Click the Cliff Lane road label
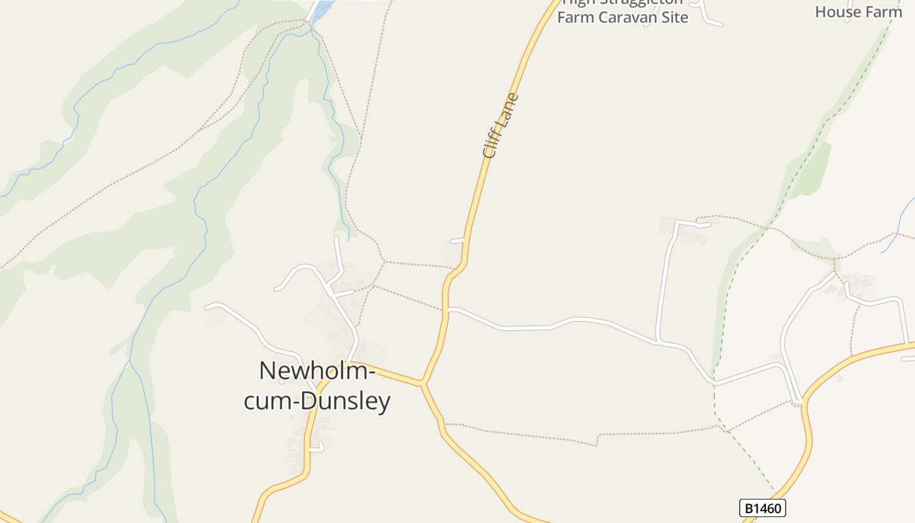(x=501, y=126)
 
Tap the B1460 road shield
(x=762, y=508)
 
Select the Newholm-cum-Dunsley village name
(x=317, y=386)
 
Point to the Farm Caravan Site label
(x=622, y=17)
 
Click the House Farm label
(x=858, y=11)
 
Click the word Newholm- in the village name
(x=317, y=371)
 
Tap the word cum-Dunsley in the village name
(x=317, y=401)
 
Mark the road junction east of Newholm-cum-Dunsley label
(x=423, y=382)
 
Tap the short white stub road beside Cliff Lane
(x=457, y=241)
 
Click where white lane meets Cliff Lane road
(x=447, y=309)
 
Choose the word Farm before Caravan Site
(x=572, y=17)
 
